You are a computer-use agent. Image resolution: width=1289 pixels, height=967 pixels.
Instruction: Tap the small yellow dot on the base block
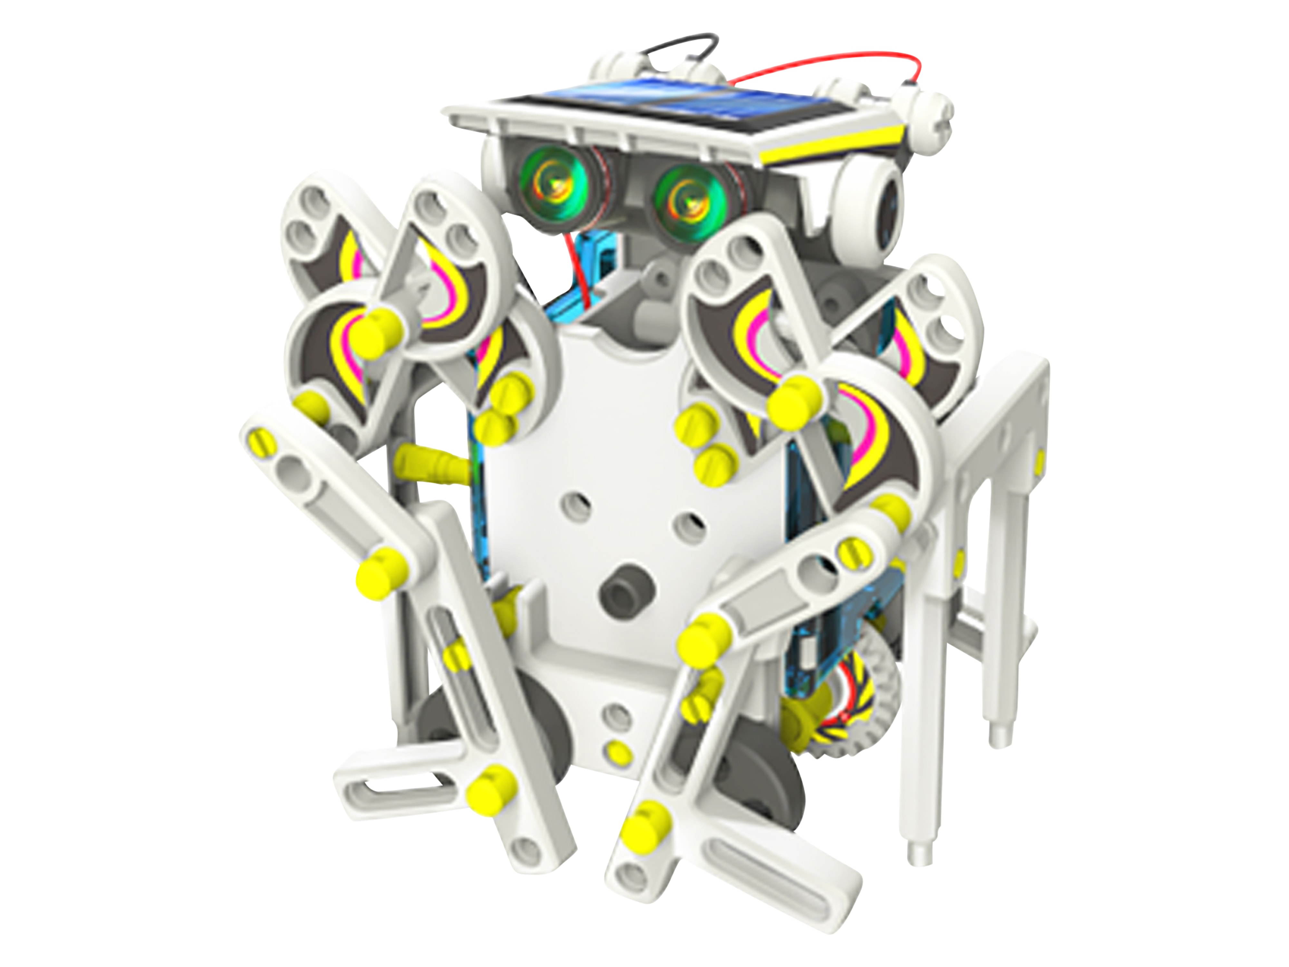[x=618, y=752]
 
